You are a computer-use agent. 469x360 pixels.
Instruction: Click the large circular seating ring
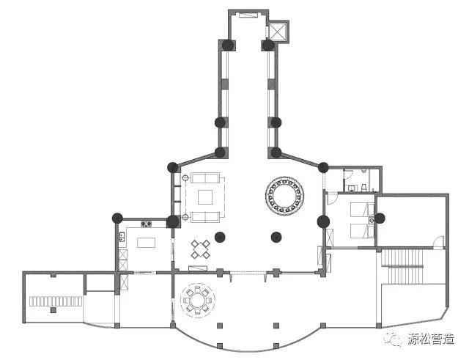click(285, 181)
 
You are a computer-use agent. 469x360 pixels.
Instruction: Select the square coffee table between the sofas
click(205, 197)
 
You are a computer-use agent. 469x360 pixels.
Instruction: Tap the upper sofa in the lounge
click(205, 177)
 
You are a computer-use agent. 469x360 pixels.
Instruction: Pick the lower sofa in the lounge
click(205, 217)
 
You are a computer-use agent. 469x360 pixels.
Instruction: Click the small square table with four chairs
click(200, 249)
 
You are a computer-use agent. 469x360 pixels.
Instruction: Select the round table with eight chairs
click(197, 300)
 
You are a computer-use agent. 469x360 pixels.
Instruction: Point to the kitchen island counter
click(147, 243)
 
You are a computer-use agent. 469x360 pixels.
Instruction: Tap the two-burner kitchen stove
click(147, 224)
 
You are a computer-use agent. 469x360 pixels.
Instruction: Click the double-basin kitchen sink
click(122, 237)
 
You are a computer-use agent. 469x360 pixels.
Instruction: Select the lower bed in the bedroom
click(362, 231)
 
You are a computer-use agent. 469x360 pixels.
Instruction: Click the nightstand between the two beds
click(372, 221)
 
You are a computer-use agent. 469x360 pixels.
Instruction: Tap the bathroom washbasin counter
click(352, 188)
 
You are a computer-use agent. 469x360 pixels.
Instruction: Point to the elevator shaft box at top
click(278, 32)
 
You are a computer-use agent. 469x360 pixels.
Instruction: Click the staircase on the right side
click(402, 265)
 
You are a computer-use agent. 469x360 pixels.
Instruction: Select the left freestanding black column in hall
click(220, 238)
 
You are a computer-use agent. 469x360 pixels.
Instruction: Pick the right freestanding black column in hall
click(276, 238)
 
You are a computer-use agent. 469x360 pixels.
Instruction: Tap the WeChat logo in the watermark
click(393, 339)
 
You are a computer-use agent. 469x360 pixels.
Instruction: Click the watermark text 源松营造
click(431, 339)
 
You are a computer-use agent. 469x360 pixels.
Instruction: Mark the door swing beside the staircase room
click(438, 243)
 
